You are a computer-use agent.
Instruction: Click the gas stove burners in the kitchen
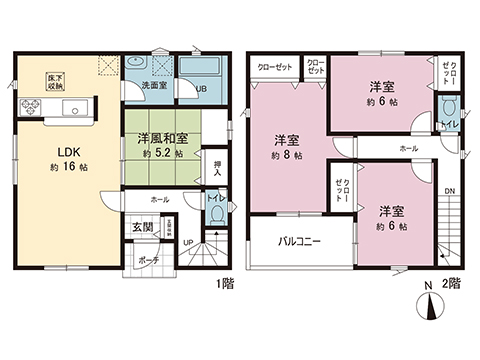[24, 107]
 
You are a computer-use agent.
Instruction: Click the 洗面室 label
[153, 87]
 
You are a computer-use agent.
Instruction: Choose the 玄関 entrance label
[142, 227]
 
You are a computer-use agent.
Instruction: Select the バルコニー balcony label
[299, 242]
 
